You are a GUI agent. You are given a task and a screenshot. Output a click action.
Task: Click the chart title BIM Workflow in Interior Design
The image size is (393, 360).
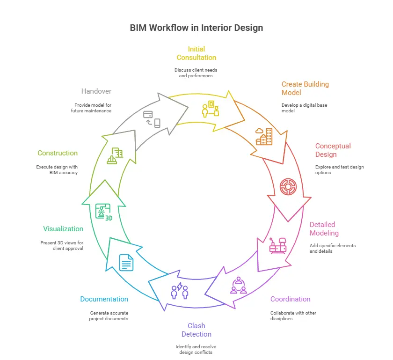point(196,28)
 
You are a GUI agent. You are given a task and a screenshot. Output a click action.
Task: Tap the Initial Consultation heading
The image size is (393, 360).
point(196,53)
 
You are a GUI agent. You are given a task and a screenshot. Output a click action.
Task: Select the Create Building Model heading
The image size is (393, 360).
point(305,88)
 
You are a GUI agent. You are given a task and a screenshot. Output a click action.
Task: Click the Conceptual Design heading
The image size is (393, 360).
point(333,150)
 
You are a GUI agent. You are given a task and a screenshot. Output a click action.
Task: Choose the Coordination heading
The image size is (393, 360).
point(290,299)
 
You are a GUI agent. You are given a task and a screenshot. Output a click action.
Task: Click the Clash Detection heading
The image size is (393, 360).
point(196,330)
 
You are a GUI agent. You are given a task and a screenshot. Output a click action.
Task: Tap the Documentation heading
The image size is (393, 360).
point(104,299)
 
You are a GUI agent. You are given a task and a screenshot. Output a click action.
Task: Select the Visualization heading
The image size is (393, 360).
point(63,229)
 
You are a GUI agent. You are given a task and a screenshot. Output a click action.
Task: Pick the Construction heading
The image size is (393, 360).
point(58,153)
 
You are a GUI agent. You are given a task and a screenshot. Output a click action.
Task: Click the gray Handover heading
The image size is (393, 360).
point(96,91)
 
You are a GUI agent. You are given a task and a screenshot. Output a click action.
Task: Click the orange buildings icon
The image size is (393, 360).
point(264,136)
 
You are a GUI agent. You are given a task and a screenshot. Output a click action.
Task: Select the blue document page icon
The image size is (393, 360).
point(126,262)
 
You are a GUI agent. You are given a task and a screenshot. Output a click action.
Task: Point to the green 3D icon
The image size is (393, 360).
point(103,212)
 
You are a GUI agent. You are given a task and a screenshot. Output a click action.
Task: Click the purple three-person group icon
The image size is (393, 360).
point(239,285)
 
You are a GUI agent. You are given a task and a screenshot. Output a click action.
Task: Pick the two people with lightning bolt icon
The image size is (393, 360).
point(180,291)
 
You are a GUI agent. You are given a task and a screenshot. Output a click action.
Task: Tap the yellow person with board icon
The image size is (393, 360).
point(211,109)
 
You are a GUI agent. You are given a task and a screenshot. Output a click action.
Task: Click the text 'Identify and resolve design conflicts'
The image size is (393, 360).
point(196,349)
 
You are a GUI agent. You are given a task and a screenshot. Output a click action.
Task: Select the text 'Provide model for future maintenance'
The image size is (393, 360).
point(91,108)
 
